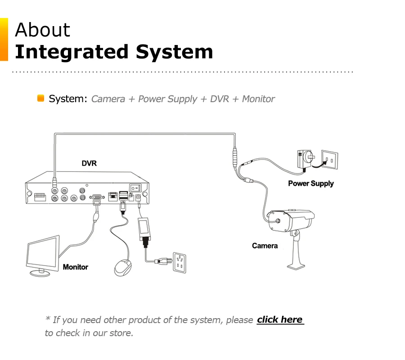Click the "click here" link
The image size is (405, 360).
click(280, 319)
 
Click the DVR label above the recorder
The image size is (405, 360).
click(89, 163)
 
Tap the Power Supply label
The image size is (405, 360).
click(310, 183)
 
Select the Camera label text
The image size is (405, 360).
click(265, 246)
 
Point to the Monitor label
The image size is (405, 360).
click(75, 267)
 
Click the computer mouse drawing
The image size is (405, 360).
click(123, 268)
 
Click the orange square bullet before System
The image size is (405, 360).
click(40, 98)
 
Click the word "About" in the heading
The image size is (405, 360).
click(43, 30)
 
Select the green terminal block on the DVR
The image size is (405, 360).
click(40, 197)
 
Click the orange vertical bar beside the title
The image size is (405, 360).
click(4, 39)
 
